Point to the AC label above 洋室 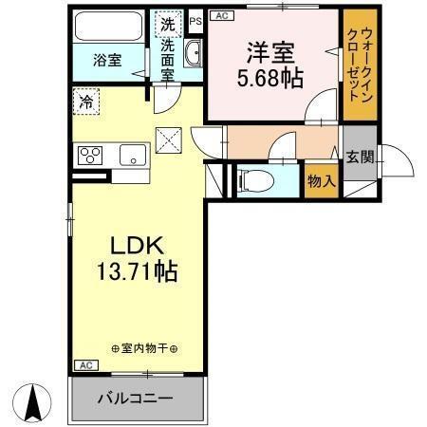click(221, 15)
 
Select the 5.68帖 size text click(269, 79)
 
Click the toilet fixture click(254, 179)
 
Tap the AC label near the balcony click(84, 365)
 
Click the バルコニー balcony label click(138, 398)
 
